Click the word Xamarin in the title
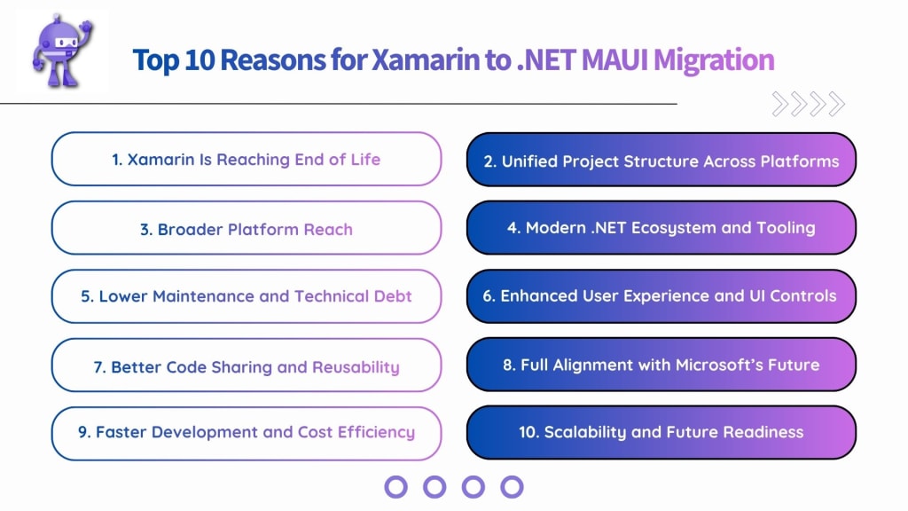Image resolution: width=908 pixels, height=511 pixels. tap(417, 60)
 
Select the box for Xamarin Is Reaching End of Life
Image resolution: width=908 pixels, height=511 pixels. tap(246, 160)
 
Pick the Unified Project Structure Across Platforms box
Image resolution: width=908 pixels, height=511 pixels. tap(661, 161)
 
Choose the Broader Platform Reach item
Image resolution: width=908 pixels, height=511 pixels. tap(246, 229)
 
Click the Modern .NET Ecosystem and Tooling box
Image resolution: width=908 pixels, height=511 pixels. tap(661, 228)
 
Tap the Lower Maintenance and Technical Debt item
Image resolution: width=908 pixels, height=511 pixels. tap(246, 296)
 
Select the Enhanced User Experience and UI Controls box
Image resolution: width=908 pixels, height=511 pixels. tap(661, 296)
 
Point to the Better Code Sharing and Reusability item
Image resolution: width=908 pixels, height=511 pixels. tap(246, 366)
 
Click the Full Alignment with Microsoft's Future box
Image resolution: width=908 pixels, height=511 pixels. tap(661, 365)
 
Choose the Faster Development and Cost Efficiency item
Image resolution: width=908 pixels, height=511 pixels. tap(246, 433)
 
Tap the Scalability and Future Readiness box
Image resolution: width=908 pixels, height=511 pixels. tap(661, 433)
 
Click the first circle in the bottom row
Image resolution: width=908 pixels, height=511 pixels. tap(396, 486)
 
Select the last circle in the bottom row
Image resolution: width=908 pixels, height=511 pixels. tap(512, 486)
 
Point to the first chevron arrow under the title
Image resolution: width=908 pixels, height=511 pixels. tap(780, 105)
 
